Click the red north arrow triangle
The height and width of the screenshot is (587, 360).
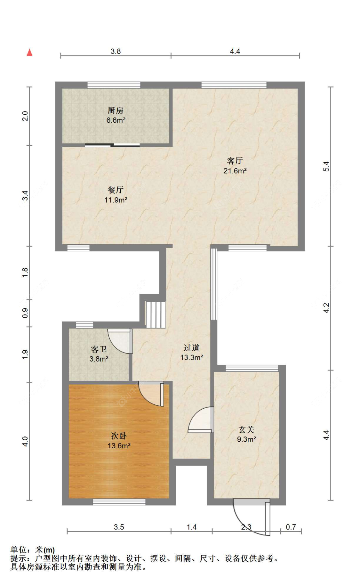pos(29,52)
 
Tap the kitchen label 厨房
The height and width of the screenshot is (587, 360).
pos(116,110)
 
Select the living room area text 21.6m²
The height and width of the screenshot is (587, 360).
pos(235,171)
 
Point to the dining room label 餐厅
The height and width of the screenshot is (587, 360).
pos(116,190)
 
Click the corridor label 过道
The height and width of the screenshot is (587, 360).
pos(192,347)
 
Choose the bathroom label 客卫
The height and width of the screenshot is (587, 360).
pos(99,349)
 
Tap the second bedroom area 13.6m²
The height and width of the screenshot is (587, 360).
pos(119,445)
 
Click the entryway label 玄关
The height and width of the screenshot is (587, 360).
pos(246,429)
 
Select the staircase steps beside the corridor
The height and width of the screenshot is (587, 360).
pos(156,314)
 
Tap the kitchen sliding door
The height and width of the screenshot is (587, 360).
pos(112,145)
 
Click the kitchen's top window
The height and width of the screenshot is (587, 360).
pos(114,85)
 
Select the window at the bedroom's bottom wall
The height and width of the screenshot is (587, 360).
pos(119,502)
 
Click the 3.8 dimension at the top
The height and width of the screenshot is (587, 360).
pos(116,51)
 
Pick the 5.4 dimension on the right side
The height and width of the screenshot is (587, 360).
pos(326,167)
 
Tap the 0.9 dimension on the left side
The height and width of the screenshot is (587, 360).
pos(25,313)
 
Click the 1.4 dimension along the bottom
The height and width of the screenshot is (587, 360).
pos(191,527)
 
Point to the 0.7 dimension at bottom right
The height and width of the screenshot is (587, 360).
pos(291,527)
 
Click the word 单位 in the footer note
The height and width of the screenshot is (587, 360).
pos(19,550)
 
